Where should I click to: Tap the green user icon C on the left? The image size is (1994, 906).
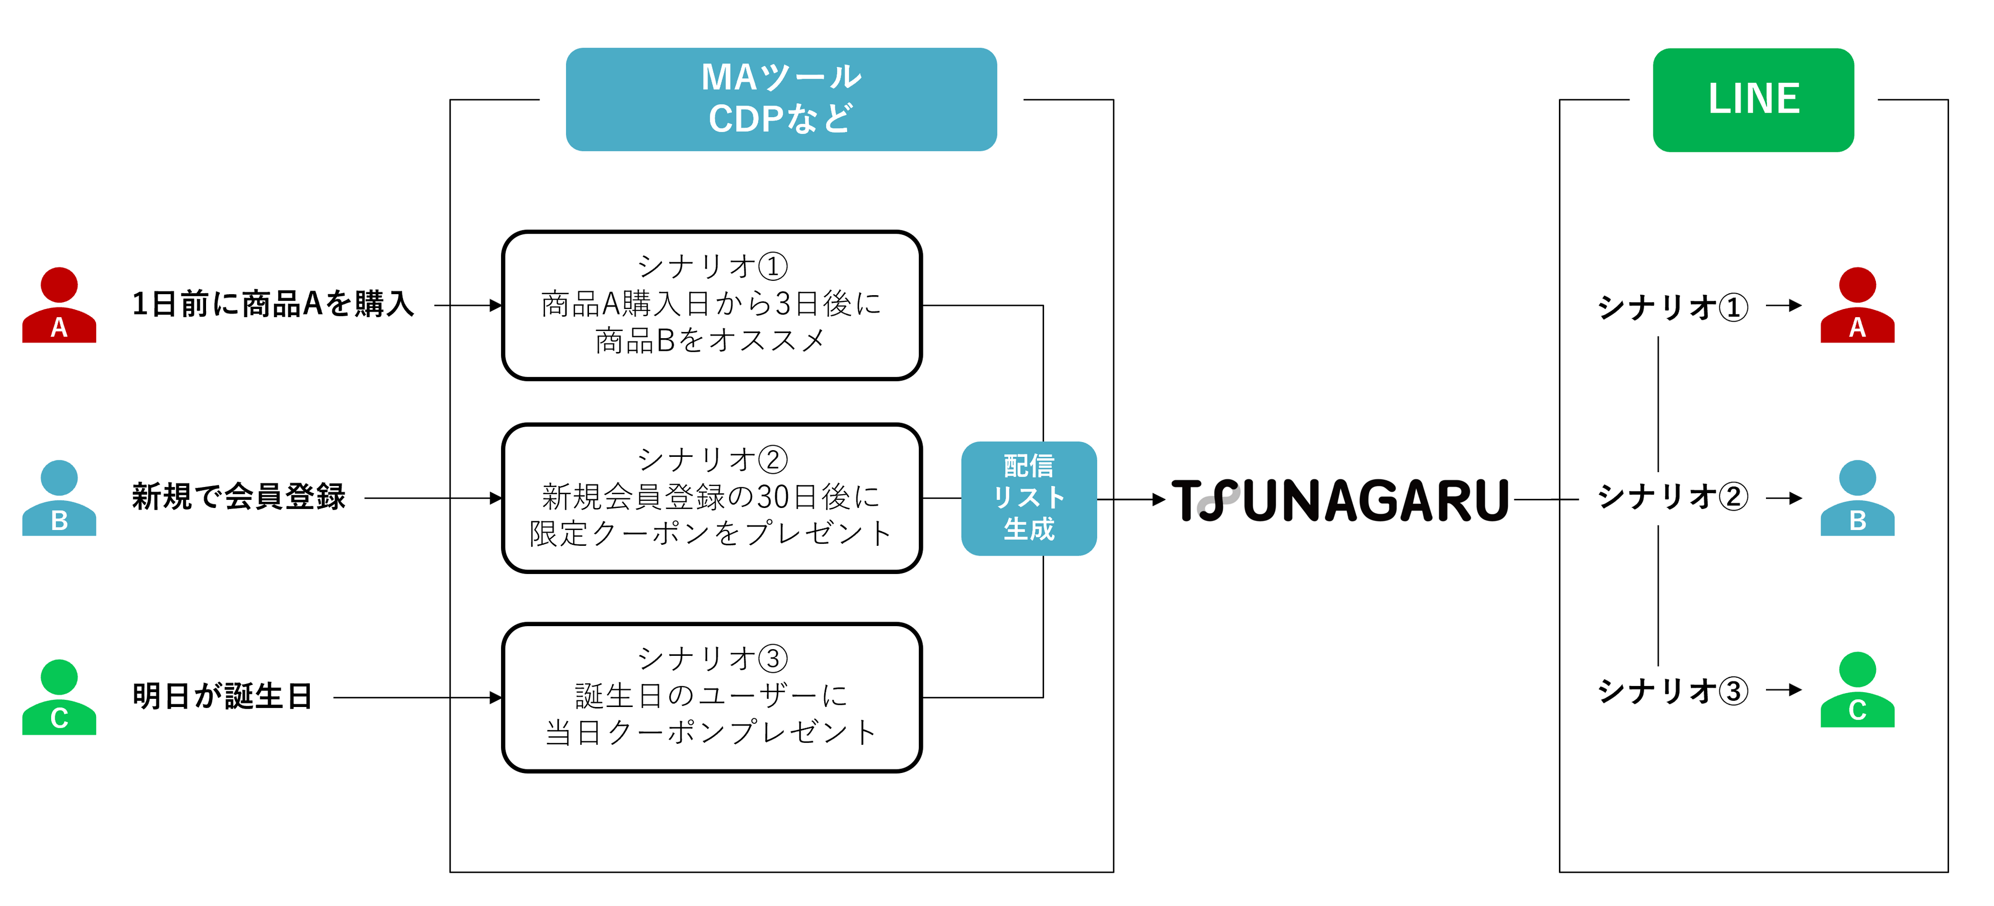click(x=59, y=697)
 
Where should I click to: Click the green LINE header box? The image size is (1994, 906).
click(x=1753, y=100)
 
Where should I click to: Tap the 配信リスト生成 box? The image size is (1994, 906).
click(x=1028, y=498)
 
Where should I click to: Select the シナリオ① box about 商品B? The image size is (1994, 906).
click(x=711, y=305)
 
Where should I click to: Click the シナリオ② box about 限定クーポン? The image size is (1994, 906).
click(x=711, y=498)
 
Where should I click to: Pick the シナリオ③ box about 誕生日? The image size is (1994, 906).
click(x=711, y=697)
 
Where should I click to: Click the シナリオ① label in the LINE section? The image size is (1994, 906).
click(x=1672, y=306)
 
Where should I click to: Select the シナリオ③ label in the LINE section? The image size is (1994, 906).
click(x=1672, y=691)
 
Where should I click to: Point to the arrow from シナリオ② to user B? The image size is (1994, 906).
click(x=1784, y=498)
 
